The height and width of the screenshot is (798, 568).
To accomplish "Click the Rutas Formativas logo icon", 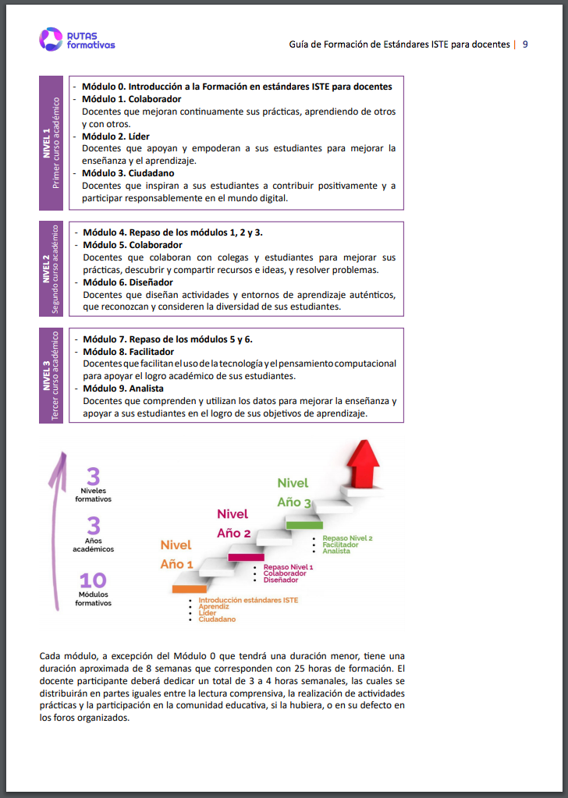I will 51,39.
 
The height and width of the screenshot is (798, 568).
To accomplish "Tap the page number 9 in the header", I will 526,44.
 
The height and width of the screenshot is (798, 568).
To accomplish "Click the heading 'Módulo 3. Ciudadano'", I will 128,173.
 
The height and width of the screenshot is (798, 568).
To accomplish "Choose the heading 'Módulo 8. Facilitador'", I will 128,352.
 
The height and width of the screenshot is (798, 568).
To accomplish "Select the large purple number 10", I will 93,580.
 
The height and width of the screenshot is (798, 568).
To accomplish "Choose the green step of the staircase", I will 304,525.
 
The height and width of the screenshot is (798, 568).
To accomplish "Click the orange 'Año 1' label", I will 176,564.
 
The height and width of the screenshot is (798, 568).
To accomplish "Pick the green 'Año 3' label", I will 294,502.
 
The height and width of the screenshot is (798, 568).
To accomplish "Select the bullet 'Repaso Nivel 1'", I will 288,567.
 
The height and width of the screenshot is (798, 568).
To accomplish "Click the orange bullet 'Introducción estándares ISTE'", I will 248,600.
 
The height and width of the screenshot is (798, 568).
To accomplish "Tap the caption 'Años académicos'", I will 93,544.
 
